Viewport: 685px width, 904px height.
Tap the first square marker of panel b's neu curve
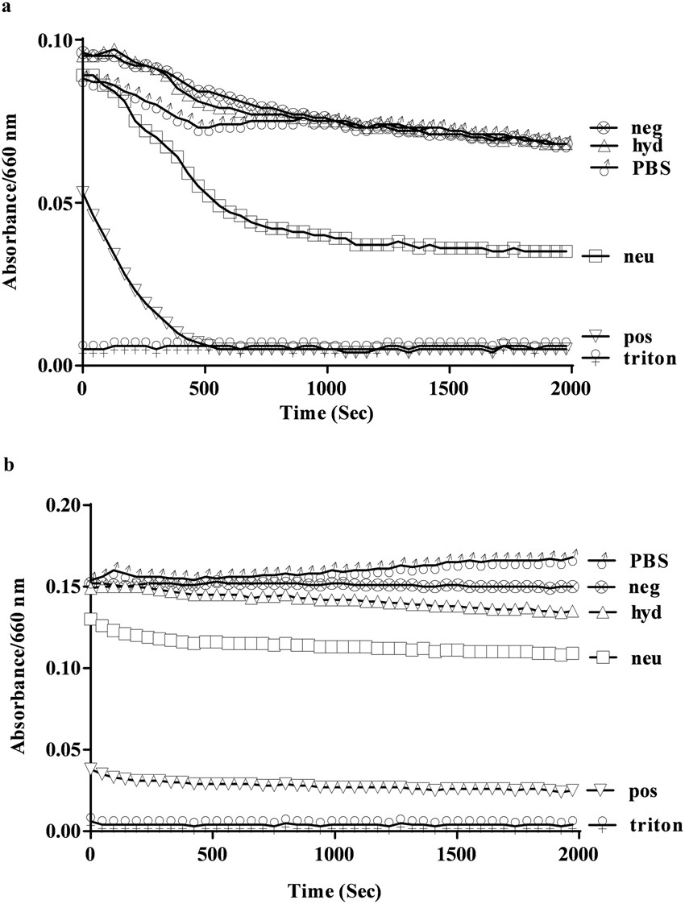point(91,620)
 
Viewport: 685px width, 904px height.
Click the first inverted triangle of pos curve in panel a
point(83,193)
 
